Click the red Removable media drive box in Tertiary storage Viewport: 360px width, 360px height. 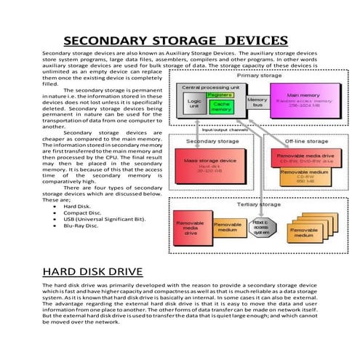pos(191,228)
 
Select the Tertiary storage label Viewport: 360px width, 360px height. pos(259,204)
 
